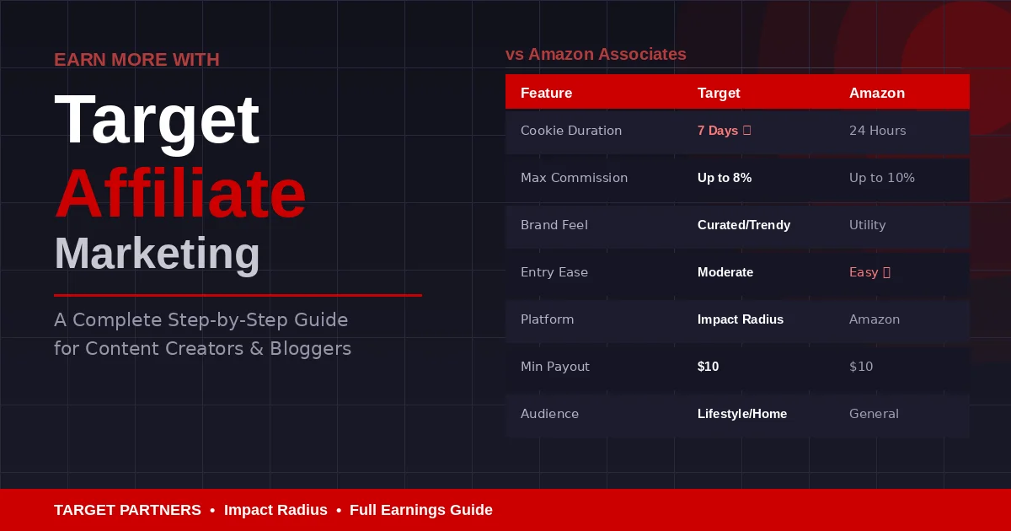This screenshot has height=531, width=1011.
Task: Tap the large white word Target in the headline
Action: [157, 119]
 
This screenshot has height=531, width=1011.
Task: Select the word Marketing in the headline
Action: [157, 254]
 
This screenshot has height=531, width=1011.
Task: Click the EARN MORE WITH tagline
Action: [136, 60]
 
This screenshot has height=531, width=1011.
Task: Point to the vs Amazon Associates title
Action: [596, 55]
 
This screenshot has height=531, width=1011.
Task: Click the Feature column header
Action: [546, 94]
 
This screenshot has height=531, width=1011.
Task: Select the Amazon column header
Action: [876, 94]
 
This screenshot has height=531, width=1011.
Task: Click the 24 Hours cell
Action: [877, 131]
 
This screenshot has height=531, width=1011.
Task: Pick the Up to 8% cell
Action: [724, 178]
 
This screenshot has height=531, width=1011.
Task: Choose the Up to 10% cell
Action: [881, 178]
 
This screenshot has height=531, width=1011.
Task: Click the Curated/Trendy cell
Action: [743, 225]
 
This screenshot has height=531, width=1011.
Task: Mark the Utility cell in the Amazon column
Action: [867, 225]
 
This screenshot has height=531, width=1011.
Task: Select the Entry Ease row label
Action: [554, 272]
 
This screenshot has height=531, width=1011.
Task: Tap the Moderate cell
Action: [725, 272]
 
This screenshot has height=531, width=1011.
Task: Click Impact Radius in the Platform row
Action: [740, 319]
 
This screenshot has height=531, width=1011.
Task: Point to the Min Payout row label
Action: [554, 367]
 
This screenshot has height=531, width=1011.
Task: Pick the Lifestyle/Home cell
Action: [741, 414]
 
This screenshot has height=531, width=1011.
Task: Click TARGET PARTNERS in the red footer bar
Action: [127, 510]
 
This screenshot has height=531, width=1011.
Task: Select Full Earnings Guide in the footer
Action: [420, 510]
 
